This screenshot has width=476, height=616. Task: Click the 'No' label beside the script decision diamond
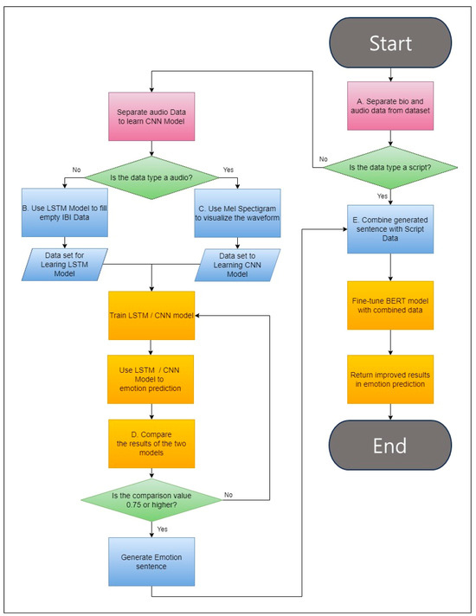(322, 159)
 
